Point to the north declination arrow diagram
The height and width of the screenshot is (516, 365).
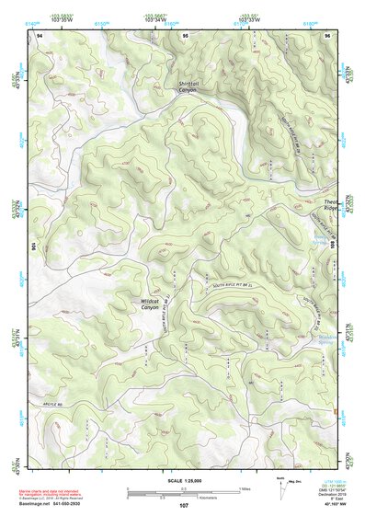(x=280, y=489)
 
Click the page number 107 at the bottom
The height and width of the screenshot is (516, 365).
(x=183, y=505)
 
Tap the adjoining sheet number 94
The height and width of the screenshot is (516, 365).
(x=40, y=34)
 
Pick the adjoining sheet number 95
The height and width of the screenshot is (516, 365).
(x=185, y=34)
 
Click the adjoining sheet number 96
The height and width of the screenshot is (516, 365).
(x=327, y=34)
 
